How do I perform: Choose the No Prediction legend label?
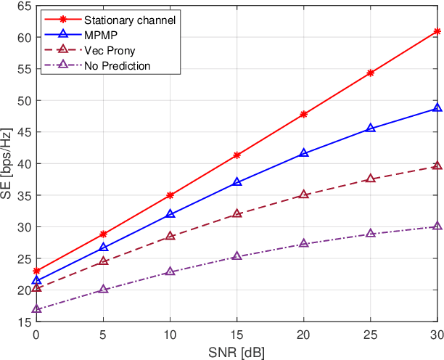[x=117, y=65]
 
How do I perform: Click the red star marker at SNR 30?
[x=437, y=31]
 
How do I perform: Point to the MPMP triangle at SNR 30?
[x=437, y=108]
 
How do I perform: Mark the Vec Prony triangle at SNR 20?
[x=304, y=195]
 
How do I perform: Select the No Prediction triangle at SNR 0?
[x=36, y=309]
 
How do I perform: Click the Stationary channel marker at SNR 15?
[x=237, y=155]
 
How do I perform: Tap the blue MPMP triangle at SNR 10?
[x=170, y=214]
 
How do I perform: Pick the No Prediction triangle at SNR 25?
[x=371, y=234]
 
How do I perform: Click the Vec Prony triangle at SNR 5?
[x=103, y=261]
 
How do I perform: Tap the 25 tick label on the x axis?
[x=371, y=335]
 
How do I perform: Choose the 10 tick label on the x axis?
[x=170, y=335]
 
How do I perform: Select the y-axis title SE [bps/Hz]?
[x=7, y=164]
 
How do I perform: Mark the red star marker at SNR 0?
[x=36, y=271]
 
